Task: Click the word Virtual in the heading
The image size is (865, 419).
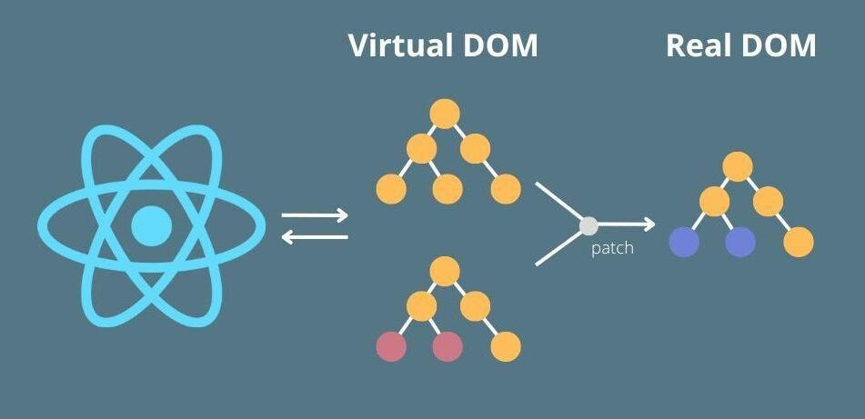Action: click(397, 45)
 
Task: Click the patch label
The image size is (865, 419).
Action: click(612, 248)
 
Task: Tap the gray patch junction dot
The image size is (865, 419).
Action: click(588, 224)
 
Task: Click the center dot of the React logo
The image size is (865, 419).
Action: click(151, 225)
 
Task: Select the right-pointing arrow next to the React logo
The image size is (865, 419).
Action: click(315, 216)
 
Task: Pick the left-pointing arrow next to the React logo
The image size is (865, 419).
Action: click(315, 237)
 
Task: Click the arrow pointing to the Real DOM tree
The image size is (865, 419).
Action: click(628, 224)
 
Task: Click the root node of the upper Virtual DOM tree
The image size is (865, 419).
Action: click(444, 114)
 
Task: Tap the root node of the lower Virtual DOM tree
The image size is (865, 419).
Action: click(444, 270)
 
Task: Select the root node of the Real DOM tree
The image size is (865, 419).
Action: click(738, 166)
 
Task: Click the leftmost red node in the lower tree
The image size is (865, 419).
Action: click(391, 346)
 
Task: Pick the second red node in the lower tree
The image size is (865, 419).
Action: click(447, 346)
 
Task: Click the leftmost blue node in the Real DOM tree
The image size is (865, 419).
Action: click(684, 242)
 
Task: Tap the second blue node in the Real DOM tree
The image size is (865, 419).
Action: click(740, 242)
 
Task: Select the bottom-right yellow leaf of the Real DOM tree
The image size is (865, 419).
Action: click(798, 242)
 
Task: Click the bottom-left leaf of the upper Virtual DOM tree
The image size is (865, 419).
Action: click(391, 188)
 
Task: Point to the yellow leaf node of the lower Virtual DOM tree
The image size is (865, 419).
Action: click(506, 346)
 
